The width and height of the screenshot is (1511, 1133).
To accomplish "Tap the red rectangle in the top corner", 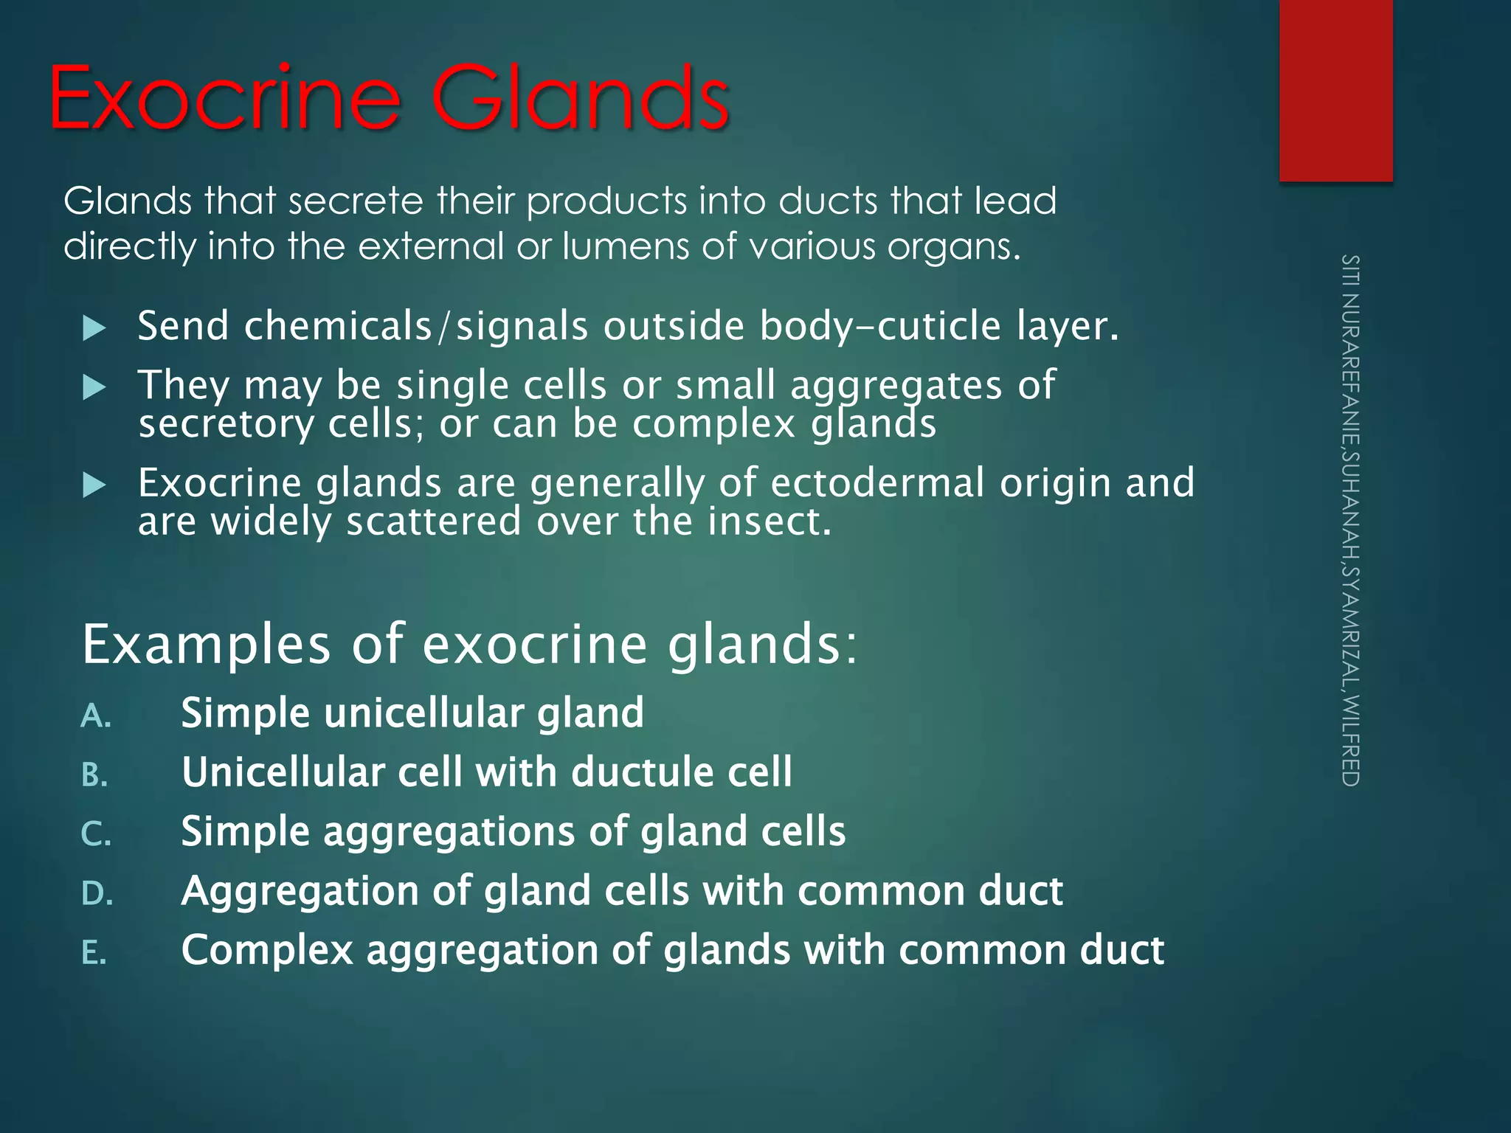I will coord(1335,90).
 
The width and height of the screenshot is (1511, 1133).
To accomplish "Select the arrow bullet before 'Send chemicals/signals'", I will coord(94,328).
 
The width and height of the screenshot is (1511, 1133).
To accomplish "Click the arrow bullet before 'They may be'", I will coord(94,387).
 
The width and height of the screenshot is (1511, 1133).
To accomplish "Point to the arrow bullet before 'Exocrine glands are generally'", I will coord(94,485).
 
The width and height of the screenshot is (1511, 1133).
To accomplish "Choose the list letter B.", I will coord(95,775).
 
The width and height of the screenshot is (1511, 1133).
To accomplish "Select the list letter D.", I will coord(97,894).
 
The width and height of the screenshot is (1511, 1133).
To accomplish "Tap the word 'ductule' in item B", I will coord(643,772).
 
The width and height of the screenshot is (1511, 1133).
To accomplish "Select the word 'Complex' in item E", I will coord(267,950).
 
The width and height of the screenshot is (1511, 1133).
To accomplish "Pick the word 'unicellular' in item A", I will coord(423,713).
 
